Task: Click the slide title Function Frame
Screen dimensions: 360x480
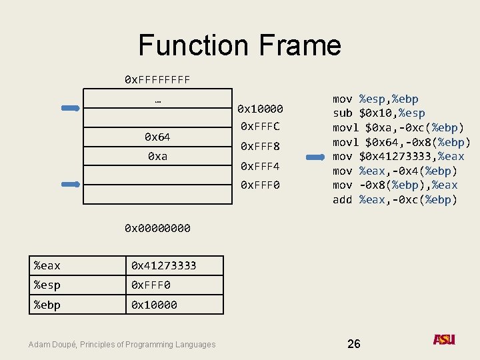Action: (239, 45)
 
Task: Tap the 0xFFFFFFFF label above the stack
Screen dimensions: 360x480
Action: (157, 80)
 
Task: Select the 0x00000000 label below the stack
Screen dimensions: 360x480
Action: (157, 229)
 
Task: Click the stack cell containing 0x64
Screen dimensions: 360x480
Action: (157, 137)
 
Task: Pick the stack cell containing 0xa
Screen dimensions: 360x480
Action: (157, 156)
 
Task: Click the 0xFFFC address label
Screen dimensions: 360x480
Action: (260, 126)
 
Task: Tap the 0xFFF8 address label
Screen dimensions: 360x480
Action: (260, 146)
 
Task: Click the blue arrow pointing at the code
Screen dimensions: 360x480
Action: (314, 157)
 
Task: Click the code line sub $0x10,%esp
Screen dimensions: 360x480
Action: (379, 113)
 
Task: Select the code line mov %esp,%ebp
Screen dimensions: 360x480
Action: (375, 99)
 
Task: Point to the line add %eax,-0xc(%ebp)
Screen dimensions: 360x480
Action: (395, 199)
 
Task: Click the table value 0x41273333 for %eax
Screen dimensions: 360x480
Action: (164, 265)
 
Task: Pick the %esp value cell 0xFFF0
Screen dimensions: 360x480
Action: (151, 285)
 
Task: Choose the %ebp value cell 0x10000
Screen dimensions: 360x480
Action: (154, 305)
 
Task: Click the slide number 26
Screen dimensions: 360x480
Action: (354, 343)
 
